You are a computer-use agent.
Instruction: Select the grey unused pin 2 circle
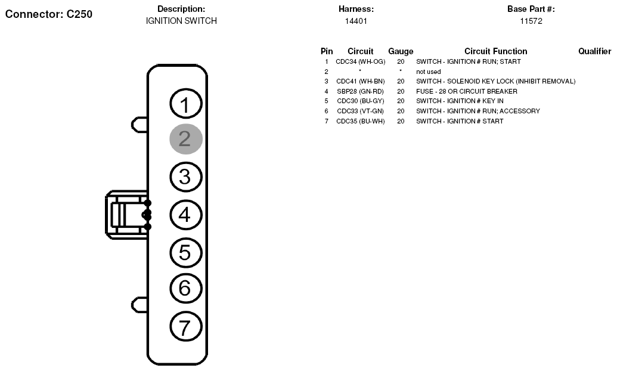(186, 139)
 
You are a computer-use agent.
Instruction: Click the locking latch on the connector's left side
(127, 215)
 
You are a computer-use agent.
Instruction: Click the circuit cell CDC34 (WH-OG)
(361, 62)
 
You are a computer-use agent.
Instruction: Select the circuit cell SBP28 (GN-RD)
(361, 91)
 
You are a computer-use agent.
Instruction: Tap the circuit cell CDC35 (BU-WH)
(361, 121)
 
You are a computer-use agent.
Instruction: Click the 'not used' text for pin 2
(429, 72)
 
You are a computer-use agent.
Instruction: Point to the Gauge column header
(401, 51)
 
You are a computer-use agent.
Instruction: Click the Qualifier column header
(594, 51)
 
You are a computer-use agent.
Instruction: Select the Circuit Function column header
(496, 51)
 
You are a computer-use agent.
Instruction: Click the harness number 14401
(356, 21)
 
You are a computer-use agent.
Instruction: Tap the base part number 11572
(531, 21)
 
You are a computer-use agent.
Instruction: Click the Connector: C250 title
(49, 14)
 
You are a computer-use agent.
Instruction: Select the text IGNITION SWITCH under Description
(181, 21)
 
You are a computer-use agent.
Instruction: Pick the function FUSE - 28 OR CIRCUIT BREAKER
(467, 91)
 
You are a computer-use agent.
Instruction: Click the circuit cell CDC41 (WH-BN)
(361, 82)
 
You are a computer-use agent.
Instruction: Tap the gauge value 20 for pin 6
(401, 111)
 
